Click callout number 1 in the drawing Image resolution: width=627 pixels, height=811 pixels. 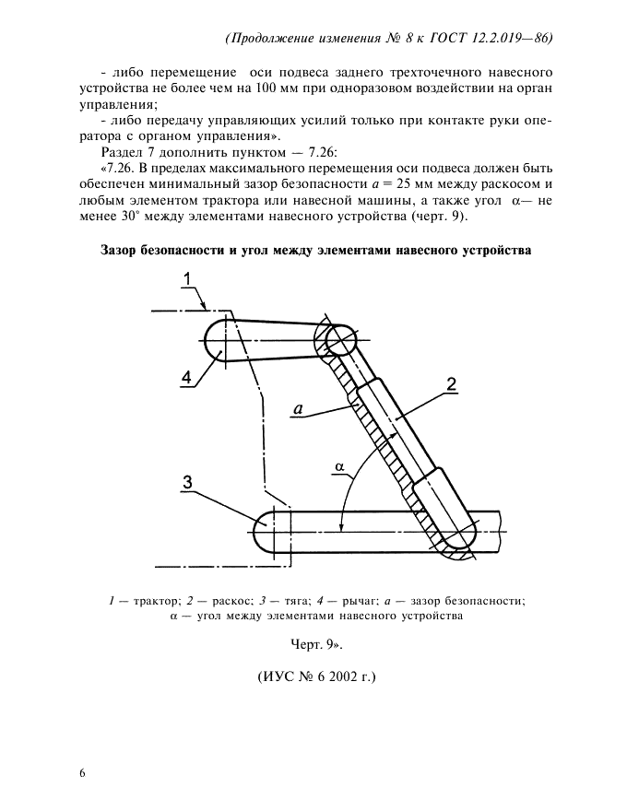[186, 279]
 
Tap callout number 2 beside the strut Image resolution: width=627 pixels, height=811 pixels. [451, 384]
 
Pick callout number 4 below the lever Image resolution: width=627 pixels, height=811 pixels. [186, 377]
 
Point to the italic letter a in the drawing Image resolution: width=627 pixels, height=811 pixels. [298, 405]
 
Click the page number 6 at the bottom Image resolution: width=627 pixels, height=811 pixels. [82, 772]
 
